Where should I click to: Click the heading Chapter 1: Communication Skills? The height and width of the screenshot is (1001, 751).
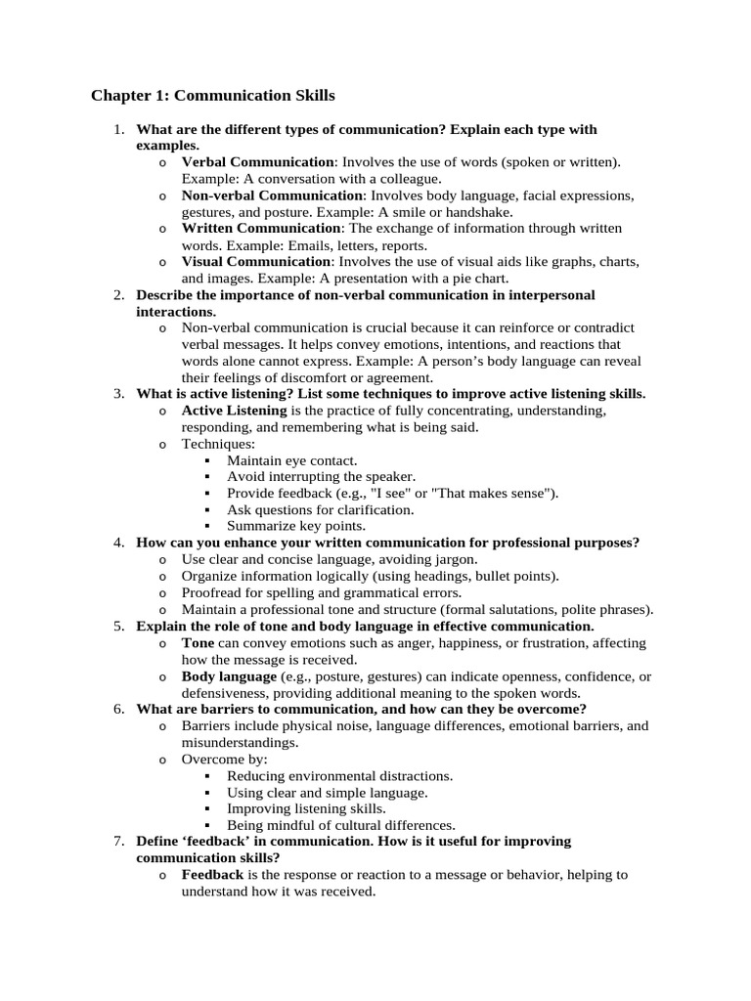(x=212, y=96)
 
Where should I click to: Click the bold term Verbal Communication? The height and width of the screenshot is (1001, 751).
(x=257, y=161)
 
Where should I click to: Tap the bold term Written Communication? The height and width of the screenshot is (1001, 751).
(x=261, y=228)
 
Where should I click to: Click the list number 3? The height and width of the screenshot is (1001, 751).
(x=117, y=394)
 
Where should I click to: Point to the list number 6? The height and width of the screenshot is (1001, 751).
(x=117, y=709)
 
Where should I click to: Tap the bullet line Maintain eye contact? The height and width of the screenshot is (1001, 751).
(x=291, y=459)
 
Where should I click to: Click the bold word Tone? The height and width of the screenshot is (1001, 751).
(x=198, y=642)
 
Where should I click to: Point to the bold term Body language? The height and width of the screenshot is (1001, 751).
(x=229, y=675)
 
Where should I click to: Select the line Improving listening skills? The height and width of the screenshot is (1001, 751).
(x=306, y=808)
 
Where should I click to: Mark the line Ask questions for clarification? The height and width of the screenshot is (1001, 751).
(x=320, y=509)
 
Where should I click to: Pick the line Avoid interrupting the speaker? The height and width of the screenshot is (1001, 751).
(x=321, y=476)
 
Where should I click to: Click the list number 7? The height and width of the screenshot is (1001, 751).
(x=117, y=841)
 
